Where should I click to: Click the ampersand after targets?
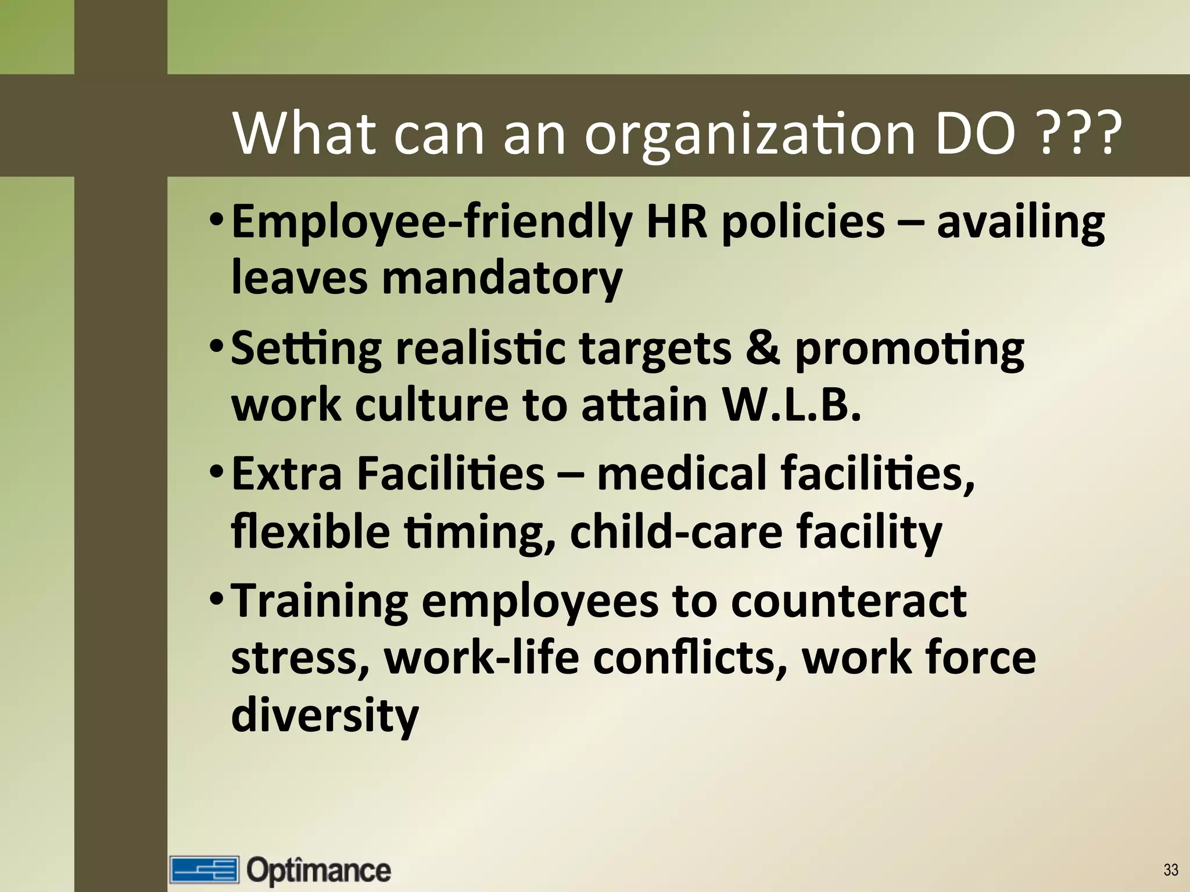(x=762, y=348)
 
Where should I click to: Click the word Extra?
(x=287, y=473)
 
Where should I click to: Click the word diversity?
(x=325, y=715)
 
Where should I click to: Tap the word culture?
(x=432, y=405)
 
